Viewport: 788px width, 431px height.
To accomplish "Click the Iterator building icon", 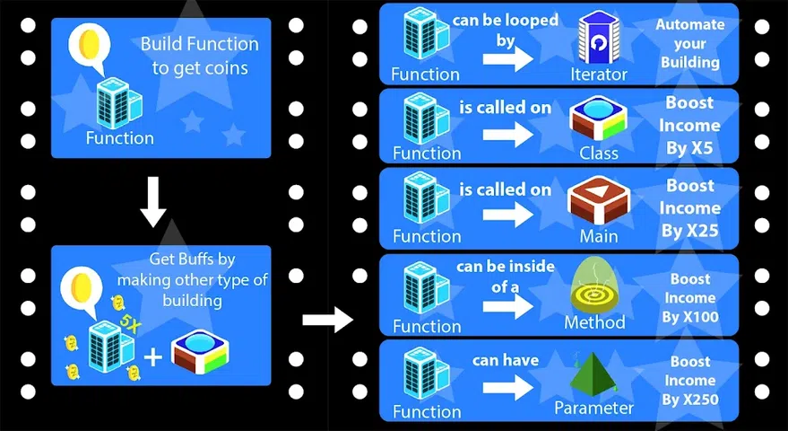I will click(x=598, y=37).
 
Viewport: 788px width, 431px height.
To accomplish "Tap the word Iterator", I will click(x=599, y=75).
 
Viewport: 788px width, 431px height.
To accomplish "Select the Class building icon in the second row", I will click(x=598, y=118).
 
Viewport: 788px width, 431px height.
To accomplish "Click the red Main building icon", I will click(x=598, y=200).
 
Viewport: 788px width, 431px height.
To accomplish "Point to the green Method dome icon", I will click(x=598, y=285).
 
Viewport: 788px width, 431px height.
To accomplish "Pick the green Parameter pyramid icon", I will click(x=593, y=372).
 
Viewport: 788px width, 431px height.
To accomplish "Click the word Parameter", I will click(x=593, y=409).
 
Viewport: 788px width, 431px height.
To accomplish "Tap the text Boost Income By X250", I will click(x=690, y=381).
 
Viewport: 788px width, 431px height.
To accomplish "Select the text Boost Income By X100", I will click(x=690, y=298).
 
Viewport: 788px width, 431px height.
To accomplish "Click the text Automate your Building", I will click(x=689, y=43).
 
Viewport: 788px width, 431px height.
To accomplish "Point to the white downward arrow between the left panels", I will click(x=154, y=204).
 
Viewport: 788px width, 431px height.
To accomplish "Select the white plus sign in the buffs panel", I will click(x=153, y=356).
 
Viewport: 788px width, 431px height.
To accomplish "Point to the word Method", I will click(x=593, y=322).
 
